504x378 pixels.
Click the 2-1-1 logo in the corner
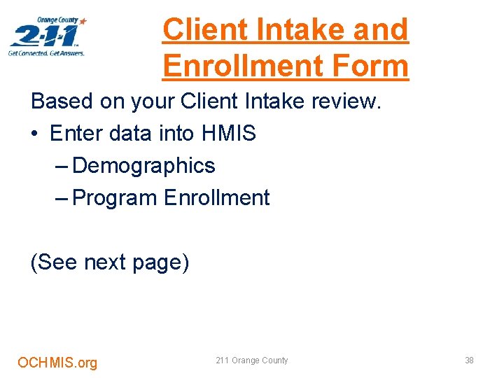(48, 35)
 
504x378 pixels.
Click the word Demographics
(143, 166)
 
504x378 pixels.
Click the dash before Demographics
(61, 167)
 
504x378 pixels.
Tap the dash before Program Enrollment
(61, 199)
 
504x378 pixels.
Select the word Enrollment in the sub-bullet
(216, 198)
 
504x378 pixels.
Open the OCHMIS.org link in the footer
(57, 363)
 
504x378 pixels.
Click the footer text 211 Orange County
(252, 360)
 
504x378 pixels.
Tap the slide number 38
(469, 360)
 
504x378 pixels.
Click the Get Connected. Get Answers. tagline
(46, 53)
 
